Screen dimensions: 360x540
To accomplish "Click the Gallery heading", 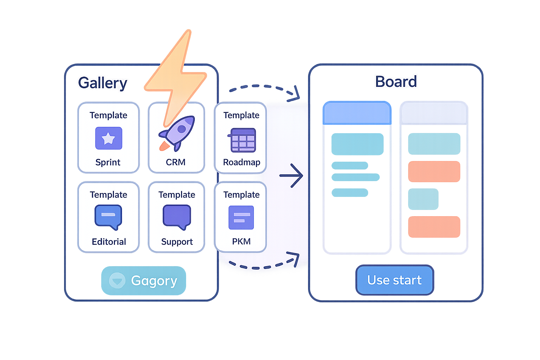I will click(102, 83).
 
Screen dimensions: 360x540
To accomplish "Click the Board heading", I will click(396, 82).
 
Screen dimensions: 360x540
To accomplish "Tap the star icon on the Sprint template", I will click(109, 139).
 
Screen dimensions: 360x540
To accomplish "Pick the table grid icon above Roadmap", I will click(243, 140).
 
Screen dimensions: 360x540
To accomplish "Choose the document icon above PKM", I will click(241, 218).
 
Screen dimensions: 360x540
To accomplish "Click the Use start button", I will click(394, 280).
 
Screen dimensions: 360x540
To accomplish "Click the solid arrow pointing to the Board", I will click(291, 175).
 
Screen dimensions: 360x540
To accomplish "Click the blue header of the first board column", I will click(357, 113).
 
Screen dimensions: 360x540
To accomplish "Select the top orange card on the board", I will click(434, 172).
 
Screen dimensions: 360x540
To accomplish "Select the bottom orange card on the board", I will click(434, 227).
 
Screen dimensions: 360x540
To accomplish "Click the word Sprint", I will click(108, 162).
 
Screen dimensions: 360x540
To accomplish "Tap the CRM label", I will click(176, 162).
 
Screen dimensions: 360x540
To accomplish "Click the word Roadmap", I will click(242, 162).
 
